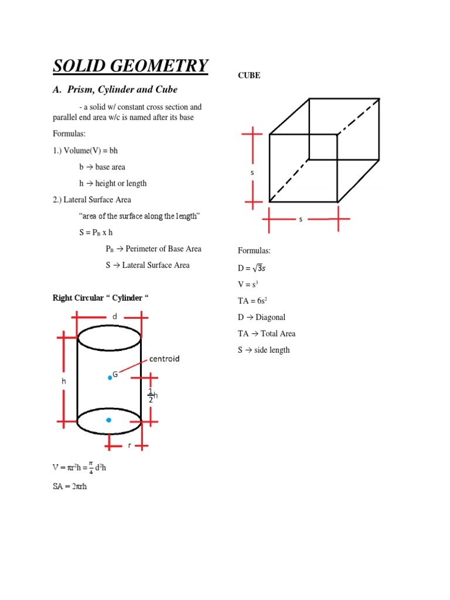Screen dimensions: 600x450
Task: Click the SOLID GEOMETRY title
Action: [130, 66]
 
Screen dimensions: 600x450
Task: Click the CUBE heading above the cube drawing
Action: [248, 76]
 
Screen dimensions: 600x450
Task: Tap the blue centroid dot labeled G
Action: [110, 378]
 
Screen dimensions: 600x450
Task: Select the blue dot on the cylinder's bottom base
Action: [109, 420]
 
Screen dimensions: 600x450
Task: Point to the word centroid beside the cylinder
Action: [164, 358]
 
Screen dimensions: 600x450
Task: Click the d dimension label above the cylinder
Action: [115, 316]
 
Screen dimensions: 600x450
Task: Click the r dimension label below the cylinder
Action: [129, 445]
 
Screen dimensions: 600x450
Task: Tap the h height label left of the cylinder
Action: [64, 381]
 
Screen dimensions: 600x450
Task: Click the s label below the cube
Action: [301, 219]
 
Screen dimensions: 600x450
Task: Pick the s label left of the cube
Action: [253, 173]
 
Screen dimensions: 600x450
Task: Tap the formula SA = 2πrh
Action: [70, 486]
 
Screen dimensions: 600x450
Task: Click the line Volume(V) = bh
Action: [85, 151]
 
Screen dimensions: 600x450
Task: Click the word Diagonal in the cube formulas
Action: [270, 317]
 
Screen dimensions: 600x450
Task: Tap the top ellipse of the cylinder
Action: [109, 338]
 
